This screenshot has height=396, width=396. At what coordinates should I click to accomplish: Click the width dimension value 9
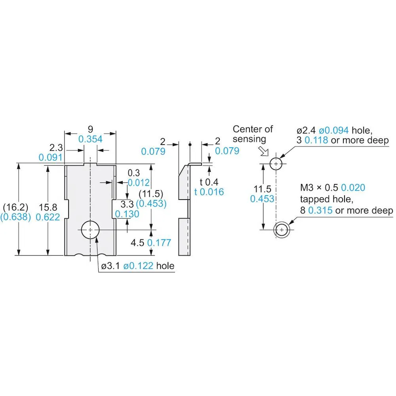point(90,129)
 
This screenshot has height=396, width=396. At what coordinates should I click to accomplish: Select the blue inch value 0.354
point(90,139)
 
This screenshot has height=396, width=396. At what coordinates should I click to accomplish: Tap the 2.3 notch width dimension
point(57,148)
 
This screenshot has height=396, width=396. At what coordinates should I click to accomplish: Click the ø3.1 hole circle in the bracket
point(91,230)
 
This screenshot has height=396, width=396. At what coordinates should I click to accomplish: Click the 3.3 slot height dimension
point(127,204)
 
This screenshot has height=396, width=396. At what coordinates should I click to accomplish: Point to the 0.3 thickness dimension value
point(133,173)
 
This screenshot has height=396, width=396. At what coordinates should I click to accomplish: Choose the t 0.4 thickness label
point(209,182)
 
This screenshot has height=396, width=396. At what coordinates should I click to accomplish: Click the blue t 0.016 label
point(209,192)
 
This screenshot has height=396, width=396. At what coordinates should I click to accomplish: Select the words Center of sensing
point(253,134)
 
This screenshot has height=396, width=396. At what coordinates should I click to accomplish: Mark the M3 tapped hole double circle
point(282,230)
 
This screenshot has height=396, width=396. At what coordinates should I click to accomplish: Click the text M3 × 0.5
point(319,187)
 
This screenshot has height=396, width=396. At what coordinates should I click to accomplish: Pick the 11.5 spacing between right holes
point(262,188)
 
